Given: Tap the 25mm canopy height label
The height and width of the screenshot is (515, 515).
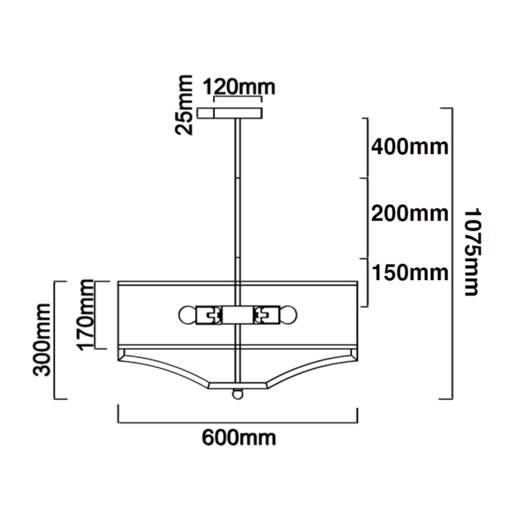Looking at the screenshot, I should pyautogui.click(x=186, y=105).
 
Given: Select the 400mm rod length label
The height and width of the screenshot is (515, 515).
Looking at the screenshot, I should pyautogui.click(x=409, y=146).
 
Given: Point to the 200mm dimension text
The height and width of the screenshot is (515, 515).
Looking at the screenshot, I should pyautogui.click(x=409, y=212).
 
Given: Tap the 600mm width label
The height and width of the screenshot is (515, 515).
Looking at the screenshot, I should pyautogui.click(x=239, y=438).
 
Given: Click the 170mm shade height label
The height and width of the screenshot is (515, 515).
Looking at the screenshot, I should pyautogui.click(x=87, y=314).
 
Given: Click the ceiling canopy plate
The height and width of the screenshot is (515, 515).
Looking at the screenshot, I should pyautogui.click(x=229, y=113).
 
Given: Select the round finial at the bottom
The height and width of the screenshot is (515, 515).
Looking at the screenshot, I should pyautogui.click(x=238, y=393).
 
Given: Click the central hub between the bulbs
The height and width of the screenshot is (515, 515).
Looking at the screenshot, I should pyautogui.click(x=238, y=314).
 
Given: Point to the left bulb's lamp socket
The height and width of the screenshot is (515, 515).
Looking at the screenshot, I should pyautogui.click(x=209, y=314).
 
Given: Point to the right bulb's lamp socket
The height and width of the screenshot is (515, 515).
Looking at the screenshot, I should pyautogui.click(x=267, y=314).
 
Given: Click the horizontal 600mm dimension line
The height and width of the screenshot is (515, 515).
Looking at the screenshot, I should pyautogui.click(x=238, y=422).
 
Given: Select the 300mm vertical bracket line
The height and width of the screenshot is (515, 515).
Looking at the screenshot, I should pyautogui.click(x=56, y=339).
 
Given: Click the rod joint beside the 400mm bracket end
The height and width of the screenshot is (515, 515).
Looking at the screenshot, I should pyautogui.click(x=238, y=179).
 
